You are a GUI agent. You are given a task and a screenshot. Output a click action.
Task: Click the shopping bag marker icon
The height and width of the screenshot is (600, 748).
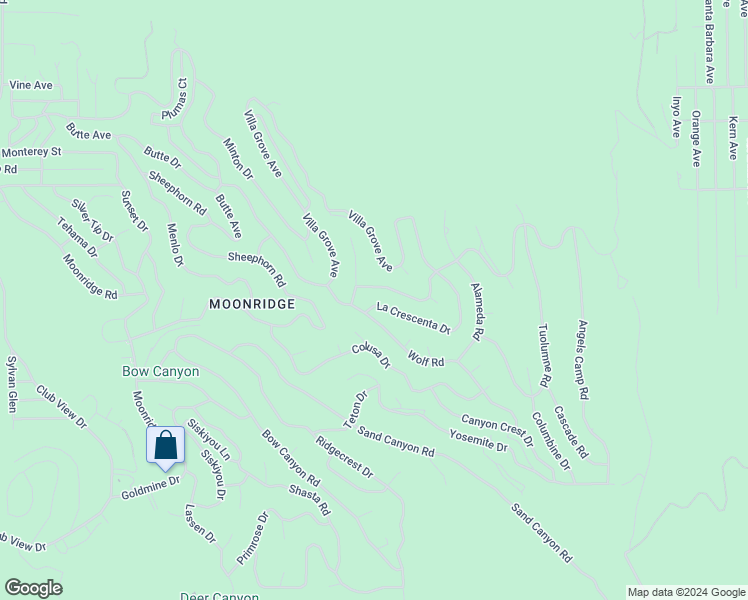coord(166,446)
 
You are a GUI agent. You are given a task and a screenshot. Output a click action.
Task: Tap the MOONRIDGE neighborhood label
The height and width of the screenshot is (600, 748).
coord(252,304)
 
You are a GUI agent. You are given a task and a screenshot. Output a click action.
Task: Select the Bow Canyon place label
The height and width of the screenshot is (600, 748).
coord(160,371)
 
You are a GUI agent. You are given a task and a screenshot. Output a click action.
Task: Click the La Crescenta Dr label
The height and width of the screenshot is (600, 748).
coord(413,317)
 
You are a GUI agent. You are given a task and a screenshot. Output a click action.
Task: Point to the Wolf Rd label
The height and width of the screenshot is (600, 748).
coord(426,358)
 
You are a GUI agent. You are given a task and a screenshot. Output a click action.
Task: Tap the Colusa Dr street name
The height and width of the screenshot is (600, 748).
coord(370,356)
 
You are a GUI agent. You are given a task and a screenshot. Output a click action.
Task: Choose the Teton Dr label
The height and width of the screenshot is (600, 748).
coord(356,410)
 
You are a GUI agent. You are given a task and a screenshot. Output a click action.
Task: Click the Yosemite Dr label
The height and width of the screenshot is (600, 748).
coord(478,440)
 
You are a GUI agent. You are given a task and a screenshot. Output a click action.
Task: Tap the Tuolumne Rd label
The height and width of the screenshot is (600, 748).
coord(544,356)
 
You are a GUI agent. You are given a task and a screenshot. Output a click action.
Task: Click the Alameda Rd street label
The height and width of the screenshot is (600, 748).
coord(477,311)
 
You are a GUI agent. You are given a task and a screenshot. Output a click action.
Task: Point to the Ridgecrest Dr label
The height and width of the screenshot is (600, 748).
coord(343,456)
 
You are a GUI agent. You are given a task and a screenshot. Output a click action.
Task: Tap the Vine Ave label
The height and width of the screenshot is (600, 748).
coord(30,86)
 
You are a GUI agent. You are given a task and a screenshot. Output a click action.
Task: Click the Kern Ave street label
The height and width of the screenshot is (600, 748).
coord(733,137)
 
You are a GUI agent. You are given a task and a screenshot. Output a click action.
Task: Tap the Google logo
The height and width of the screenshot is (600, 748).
coord(33,588)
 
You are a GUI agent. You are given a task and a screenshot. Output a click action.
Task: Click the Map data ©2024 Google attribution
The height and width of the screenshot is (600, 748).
coord(686,592)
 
